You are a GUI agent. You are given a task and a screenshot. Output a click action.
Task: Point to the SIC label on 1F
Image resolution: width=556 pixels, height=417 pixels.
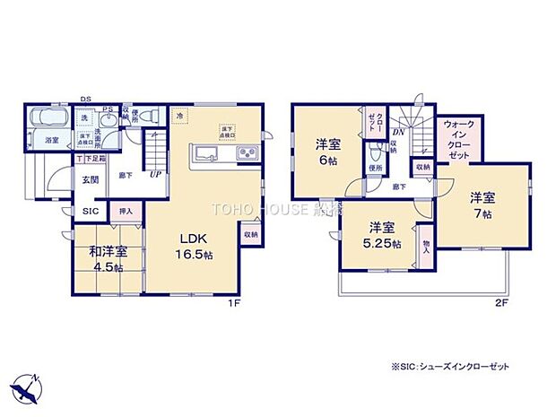pos(90,212)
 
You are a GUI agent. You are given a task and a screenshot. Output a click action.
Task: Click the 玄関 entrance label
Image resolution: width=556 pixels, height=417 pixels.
pos(91,178)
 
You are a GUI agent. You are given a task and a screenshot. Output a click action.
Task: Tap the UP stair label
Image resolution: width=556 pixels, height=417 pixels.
pos(155,174)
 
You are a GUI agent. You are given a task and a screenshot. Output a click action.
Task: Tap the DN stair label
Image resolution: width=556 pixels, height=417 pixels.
pos(397,132)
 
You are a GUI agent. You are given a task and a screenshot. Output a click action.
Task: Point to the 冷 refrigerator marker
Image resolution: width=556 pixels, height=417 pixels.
pos(179,117)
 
